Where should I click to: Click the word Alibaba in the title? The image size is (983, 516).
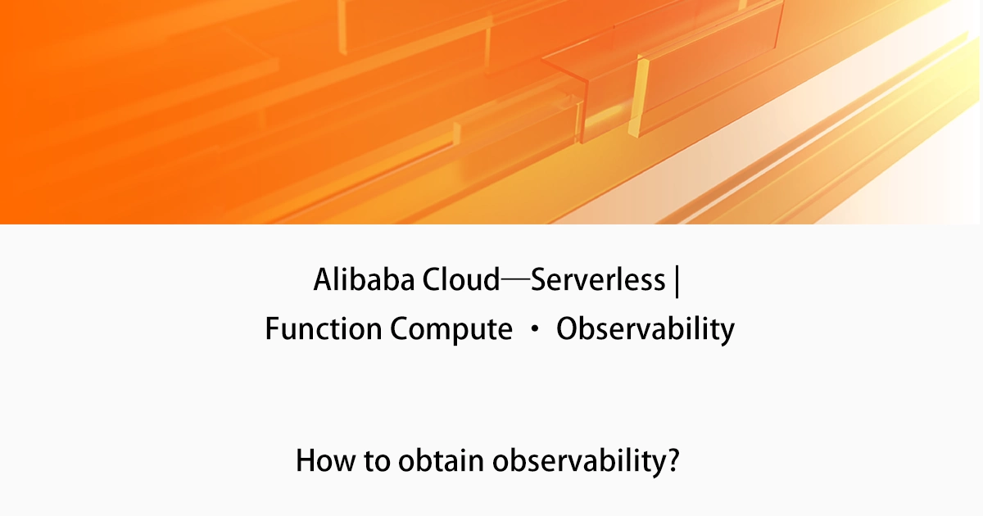pyautogui.click(x=365, y=281)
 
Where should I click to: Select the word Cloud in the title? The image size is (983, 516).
pyautogui.click(x=460, y=281)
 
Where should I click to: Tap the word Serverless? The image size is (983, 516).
pyautogui.click(x=598, y=281)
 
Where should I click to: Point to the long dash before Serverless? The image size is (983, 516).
pyautogui.click(x=515, y=281)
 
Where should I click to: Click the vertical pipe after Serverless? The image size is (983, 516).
pyautogui.click(x=677, y=281)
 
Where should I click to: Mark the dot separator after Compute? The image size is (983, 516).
pyautogui.click(x=534, y=330)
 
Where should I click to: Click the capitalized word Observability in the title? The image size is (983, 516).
pyautogui.click(x=645, y=329)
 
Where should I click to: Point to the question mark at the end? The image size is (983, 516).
pyautogui.click(x=673, y=460)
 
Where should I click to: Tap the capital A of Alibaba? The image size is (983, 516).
pyautogui.click(x=323, y=281)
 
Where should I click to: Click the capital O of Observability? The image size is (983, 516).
pyautogui.click(x=567, y=329)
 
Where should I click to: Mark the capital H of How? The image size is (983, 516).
pyautogui.click(x=306, y=460)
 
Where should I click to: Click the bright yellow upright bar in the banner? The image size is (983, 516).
pyautogui.click(x=638, y=97)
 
